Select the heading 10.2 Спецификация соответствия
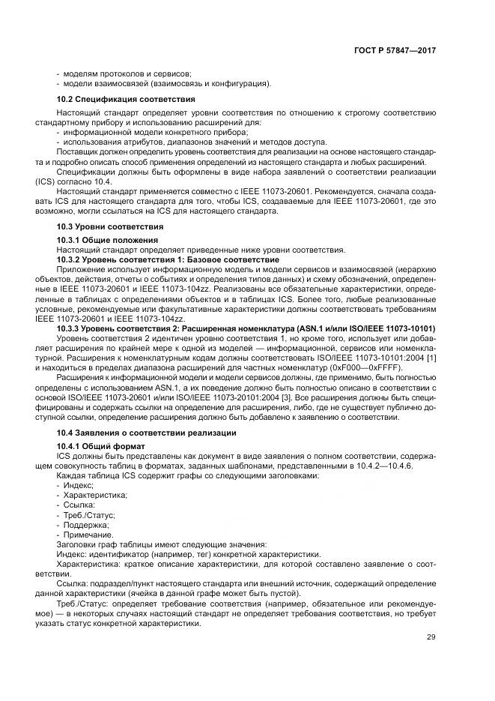tap(127, 99)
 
